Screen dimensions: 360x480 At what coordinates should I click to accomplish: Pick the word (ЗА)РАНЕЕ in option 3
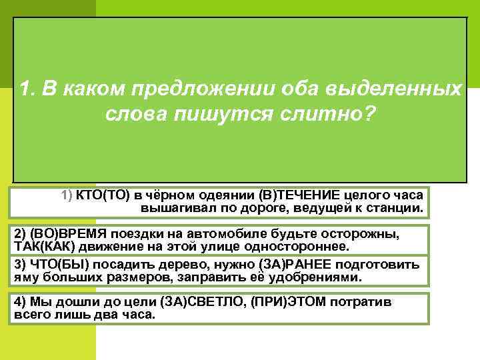tap(297, 264)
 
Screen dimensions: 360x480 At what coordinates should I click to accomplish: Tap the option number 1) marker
tap(67, 195)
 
